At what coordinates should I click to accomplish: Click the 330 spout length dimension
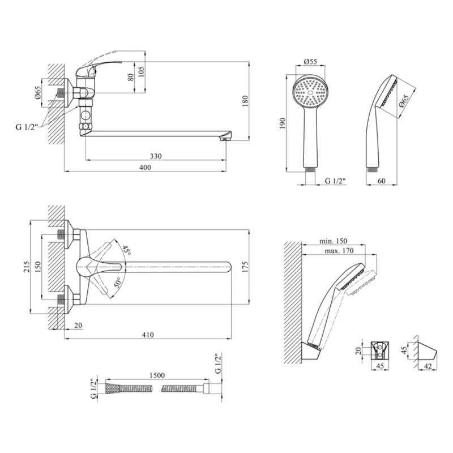coord(156,156)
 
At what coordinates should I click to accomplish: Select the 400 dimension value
coord(145,168)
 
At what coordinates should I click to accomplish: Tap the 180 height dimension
coord(245,101)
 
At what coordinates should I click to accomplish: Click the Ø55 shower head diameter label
coord(310,61)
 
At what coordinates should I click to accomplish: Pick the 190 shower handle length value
coord(283,123)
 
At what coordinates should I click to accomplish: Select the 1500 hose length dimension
coord(157,375)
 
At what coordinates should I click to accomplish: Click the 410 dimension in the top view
coord(148,335)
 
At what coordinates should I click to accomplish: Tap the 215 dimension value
coord(27,267)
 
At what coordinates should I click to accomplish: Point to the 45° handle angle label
coord(126,250)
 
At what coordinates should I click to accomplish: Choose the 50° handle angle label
coord(118,282)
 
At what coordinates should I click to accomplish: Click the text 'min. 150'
coord(333,241)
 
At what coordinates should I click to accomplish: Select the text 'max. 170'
coord(339,250)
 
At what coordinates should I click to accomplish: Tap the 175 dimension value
coord(245,267)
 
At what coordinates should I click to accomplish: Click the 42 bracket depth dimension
coord(428,366)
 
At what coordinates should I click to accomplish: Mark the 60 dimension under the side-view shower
coord(381,181)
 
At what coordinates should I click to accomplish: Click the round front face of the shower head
coord(310,92)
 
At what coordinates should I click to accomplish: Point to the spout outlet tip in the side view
coord(225,139)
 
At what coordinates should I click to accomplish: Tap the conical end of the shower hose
coord(112,388)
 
